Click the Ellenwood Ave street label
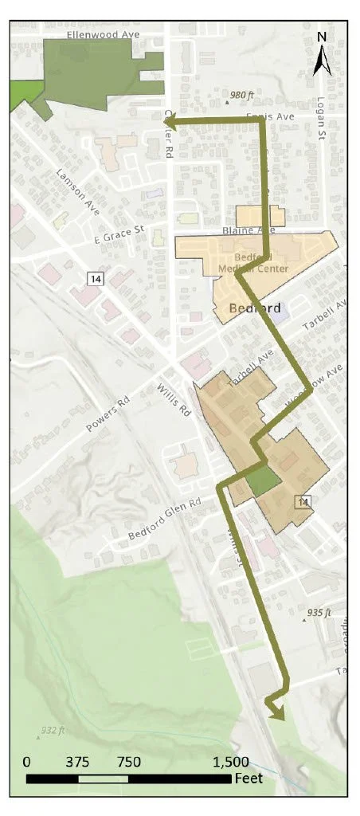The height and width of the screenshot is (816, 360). coord(103,35)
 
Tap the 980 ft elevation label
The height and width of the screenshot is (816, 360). coord(239,95)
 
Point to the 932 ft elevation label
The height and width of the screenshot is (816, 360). coord(56,730)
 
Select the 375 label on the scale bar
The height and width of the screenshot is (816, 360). coord(77,762)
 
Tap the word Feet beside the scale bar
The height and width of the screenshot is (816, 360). coord(249,778)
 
